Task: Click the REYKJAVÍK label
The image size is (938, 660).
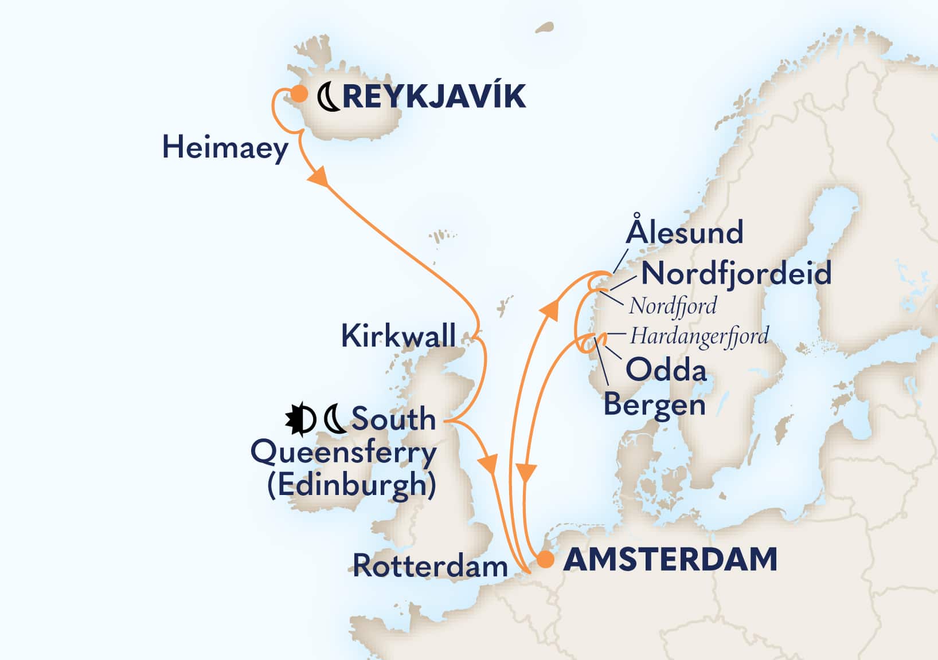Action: tap(434, 96)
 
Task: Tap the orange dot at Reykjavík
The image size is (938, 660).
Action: tap(299, 94)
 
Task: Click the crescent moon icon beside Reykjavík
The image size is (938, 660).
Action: tap(329, 96)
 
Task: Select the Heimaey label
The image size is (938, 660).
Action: tap(225, 148)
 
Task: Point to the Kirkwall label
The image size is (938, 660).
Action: tap(398, 336)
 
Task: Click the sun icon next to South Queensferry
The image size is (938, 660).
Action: tap(300, 419)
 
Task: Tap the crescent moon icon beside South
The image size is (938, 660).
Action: tap(335, 419)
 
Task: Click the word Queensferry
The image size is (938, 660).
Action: tap(343, 453)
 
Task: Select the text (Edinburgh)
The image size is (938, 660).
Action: tap(351, 485)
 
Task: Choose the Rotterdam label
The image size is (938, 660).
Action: tap(430, 566)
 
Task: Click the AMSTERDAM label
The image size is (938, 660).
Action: tap(670, 559)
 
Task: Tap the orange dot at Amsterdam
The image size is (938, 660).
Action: tap(545, 560)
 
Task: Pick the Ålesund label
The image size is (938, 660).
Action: tap(685, 233)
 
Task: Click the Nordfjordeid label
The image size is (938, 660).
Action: tap(736, 273)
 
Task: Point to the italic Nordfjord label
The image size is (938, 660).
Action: tap(673, 306)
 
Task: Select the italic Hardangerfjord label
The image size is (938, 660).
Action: tap(699, 336)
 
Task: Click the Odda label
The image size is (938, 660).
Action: tap(666, 370)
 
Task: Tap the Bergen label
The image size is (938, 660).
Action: tap(654, 404)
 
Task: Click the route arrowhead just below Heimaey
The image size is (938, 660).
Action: tap(319, 176)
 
